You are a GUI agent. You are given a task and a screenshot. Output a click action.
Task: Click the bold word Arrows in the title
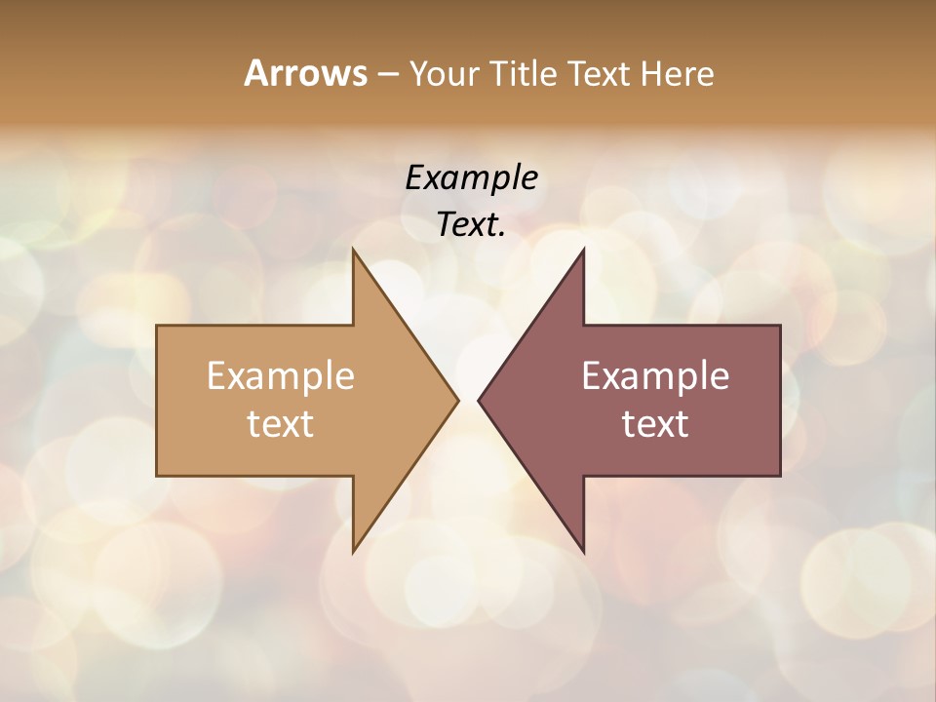tap(305, 73)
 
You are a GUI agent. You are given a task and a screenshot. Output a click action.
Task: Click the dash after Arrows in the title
tap(387, 75)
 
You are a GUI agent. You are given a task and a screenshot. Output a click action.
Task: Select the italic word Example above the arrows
tap(472, 177)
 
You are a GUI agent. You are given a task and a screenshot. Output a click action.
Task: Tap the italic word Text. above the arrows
tap(470, 224)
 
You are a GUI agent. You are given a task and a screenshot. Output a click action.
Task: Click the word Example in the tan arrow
tap(281, 375)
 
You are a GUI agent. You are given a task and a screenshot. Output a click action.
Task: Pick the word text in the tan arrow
tap(281, 423)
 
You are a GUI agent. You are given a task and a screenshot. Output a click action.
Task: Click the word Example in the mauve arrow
tap(655, 375)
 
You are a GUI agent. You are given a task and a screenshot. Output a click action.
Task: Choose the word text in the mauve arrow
tap(655, 423)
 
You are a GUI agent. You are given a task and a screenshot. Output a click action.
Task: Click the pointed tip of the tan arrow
tap(457, 400)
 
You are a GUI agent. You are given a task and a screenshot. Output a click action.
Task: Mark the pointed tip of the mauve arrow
tap(479, 400)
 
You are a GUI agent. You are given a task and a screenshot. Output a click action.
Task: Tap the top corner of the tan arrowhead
tap(354, 250)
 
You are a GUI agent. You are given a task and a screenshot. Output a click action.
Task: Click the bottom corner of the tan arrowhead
tap(354, 551)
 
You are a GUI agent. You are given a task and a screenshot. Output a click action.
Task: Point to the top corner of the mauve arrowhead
tap(583, 250)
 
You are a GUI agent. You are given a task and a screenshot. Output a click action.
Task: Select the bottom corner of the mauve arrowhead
tap(583, 551)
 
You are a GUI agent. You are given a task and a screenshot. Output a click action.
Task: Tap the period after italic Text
tap(502, 234)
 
